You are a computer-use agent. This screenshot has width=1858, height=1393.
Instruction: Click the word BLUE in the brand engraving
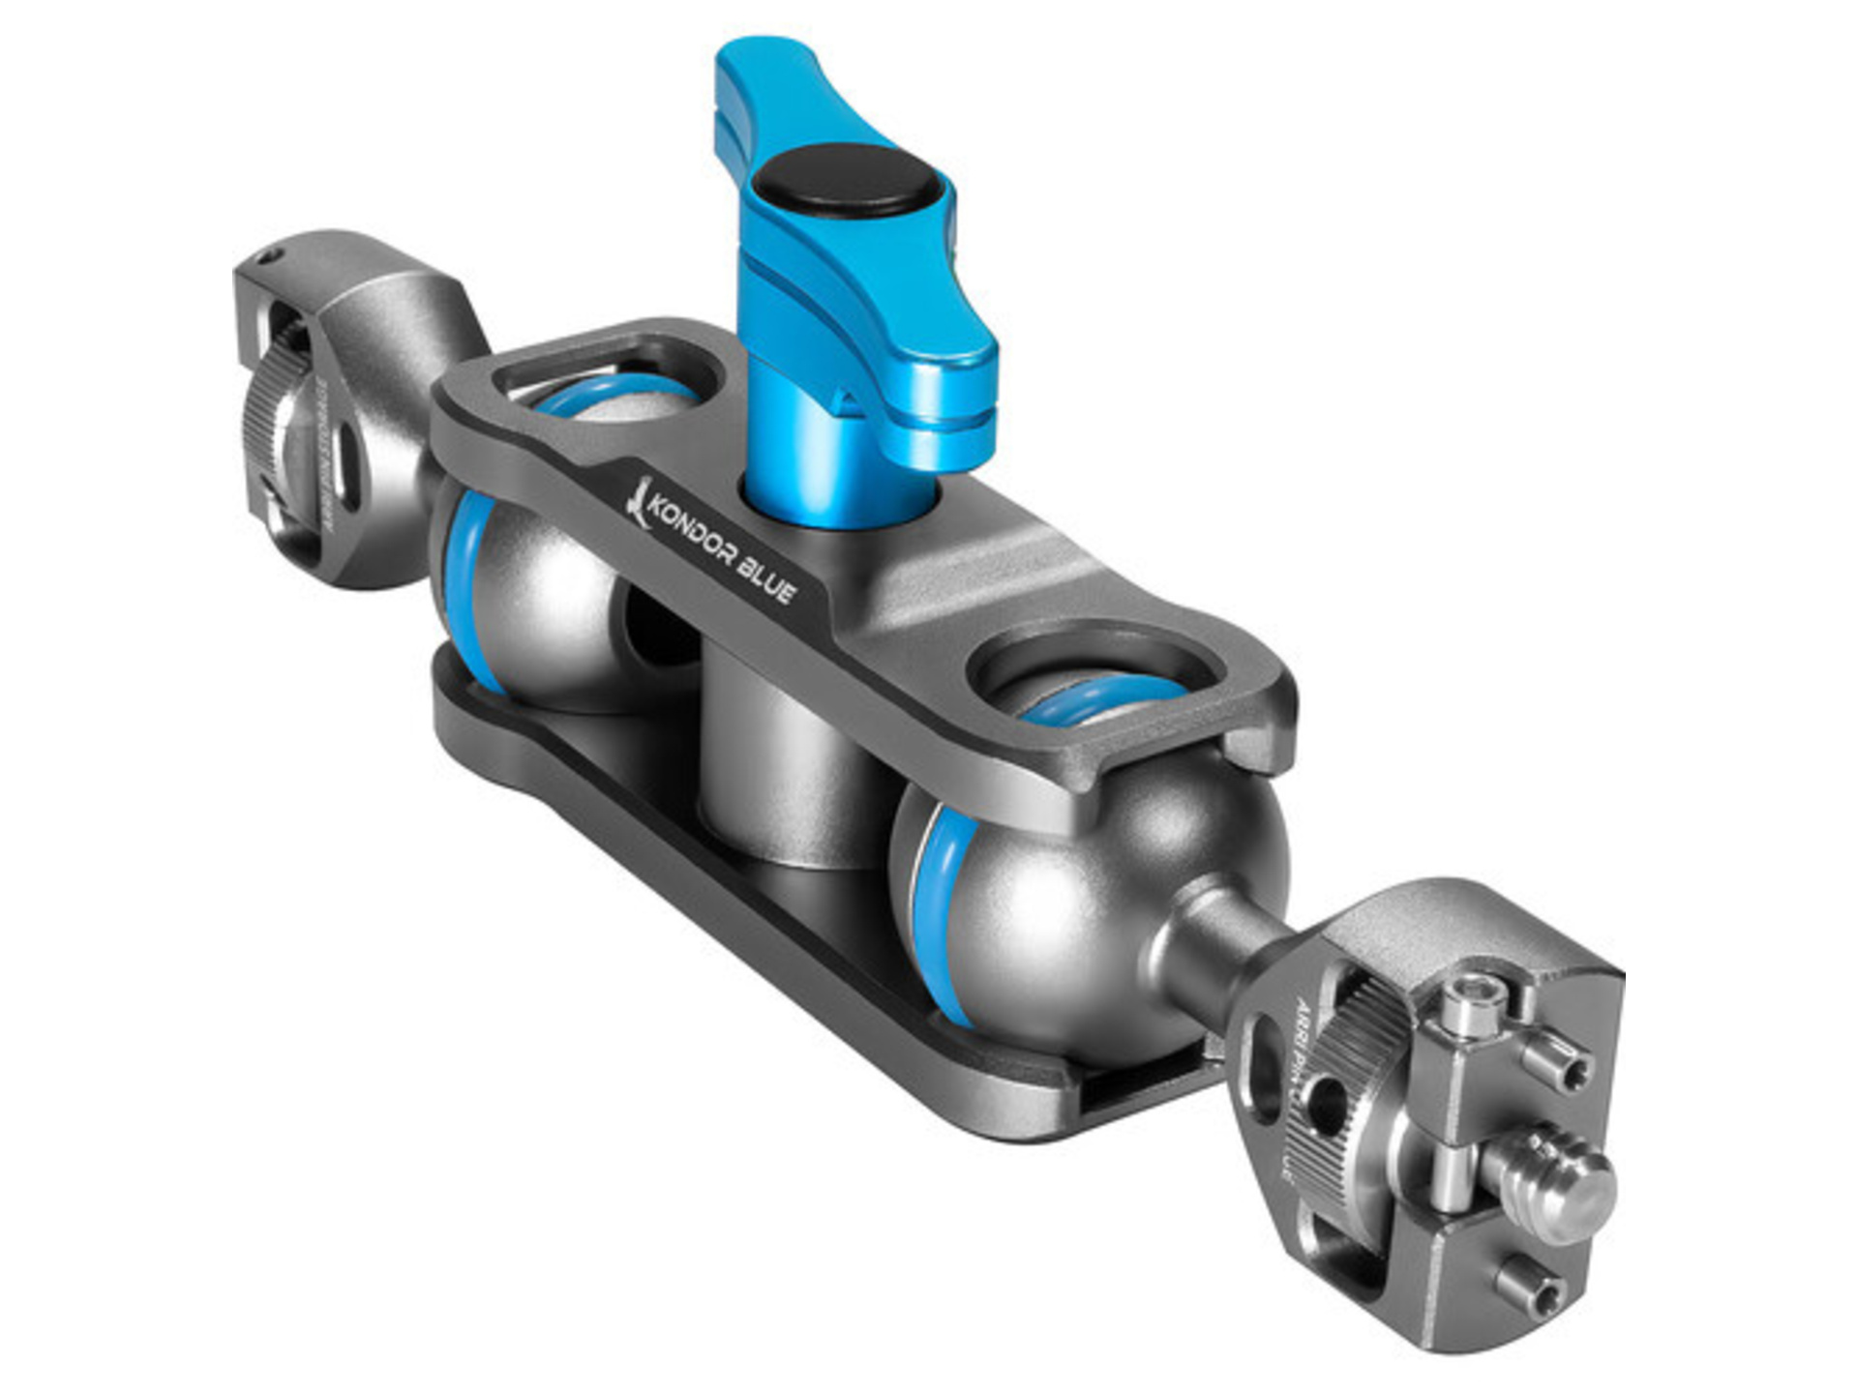coord(766,579)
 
